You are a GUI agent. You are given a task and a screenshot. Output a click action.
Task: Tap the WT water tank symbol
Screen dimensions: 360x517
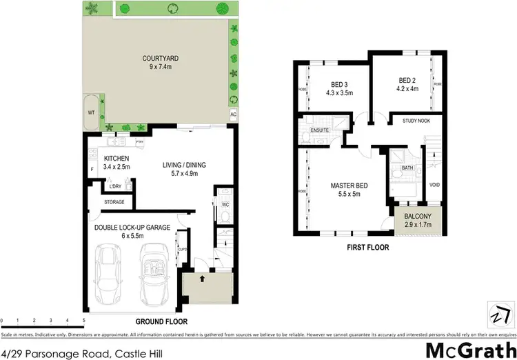91,111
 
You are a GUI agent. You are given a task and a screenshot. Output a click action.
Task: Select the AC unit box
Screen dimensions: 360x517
234,114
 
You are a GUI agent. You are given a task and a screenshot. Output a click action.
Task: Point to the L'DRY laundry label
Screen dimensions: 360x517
112,186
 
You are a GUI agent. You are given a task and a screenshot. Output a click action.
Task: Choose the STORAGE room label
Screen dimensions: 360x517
114,202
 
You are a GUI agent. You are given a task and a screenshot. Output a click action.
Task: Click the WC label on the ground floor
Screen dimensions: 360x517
224,204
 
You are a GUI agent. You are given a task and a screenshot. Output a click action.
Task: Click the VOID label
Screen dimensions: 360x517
434,185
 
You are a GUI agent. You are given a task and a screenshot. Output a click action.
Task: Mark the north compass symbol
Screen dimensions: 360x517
496,313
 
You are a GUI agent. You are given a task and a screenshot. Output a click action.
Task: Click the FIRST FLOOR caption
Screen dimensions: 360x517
368,247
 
